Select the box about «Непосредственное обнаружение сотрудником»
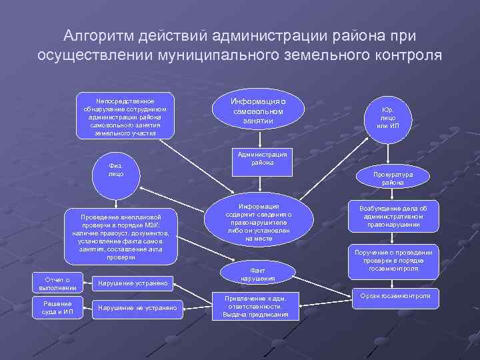[125, 115]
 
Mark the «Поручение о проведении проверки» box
[393, 260]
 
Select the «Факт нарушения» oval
[258, 273]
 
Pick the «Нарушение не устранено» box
[137, 307]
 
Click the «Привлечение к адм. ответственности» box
[255, 305]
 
